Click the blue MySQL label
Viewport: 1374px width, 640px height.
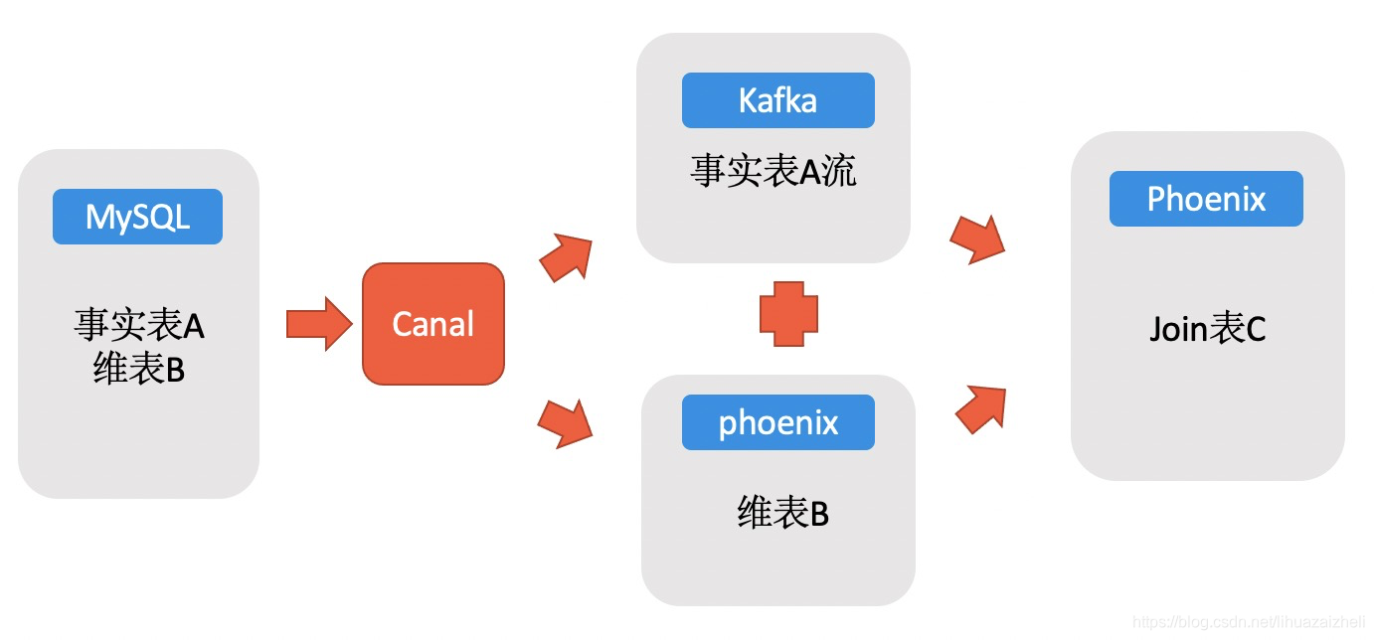click(x=137, y=217)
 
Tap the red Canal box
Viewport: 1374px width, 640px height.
click(x=433, y=324)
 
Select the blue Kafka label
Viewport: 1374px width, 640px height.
click(x=777, y=100)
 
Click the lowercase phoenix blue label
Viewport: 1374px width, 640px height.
click(x=777, y=422)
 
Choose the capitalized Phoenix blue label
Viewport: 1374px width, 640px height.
click(x=1206, y=199)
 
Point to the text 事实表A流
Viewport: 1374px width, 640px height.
click(x=773, y=170)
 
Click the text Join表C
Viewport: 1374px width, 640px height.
click(x=1207, y=328)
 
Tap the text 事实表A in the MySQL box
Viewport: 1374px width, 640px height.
click(x=139, y=324)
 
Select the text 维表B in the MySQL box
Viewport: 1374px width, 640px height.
click(x=139, y=368)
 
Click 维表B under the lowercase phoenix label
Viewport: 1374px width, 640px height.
click(x=782, y=512)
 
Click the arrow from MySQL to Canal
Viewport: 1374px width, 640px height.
click(x=319, y=324)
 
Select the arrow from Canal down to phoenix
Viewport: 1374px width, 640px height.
click(x=566, y=423)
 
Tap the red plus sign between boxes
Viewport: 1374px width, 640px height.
click(x=788, y=314)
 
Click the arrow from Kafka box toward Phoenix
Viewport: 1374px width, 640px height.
click(x=977, y=240)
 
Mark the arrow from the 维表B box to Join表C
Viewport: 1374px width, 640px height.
click(x=981, y=409)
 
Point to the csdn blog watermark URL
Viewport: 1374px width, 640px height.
click(x=1249, y=621)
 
